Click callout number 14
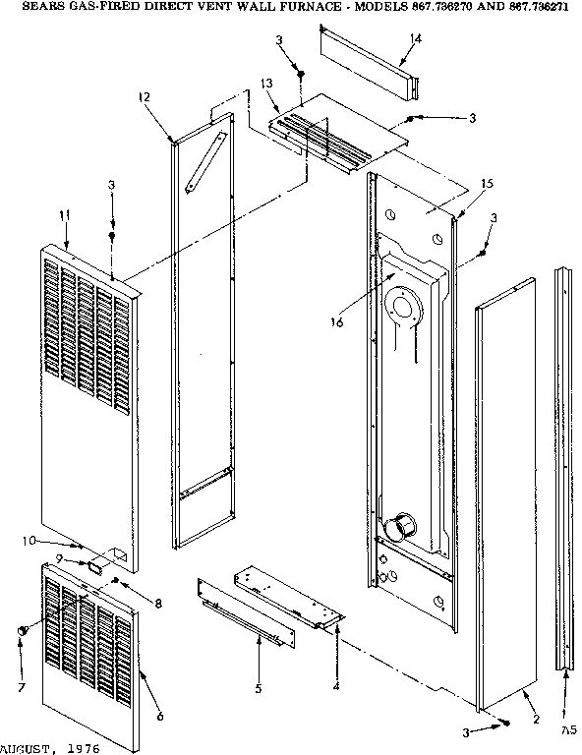coord(416,38)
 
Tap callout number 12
coord(144,96)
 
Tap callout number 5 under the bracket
coord(258,688)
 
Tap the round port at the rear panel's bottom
coord(398,528)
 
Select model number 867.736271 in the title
coord(542,6)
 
